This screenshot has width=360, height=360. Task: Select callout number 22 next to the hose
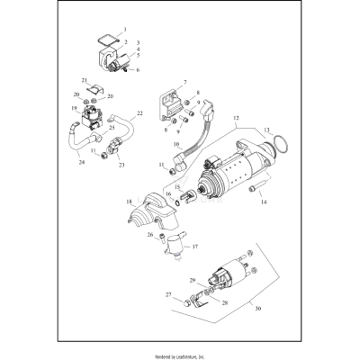pos(139,113)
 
